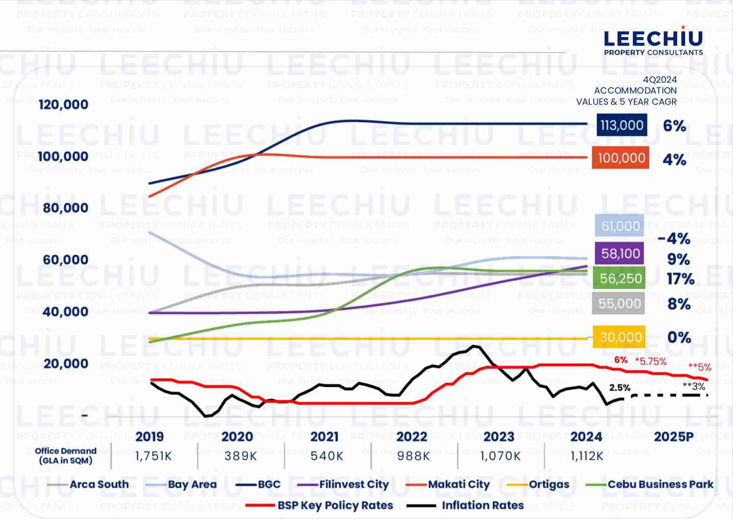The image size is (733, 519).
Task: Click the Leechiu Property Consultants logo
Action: (653, 41)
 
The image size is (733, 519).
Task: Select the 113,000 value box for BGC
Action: (622, 125)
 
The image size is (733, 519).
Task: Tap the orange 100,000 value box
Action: (621, 158)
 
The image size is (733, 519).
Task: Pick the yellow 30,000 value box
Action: (619, 337)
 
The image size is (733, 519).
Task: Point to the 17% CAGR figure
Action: (680, 279)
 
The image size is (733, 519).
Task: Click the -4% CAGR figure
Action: (674, 239)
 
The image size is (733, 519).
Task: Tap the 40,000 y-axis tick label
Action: (65, 312)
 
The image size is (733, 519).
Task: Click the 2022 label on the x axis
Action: (412, 436)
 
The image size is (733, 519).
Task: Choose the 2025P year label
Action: (674, 436)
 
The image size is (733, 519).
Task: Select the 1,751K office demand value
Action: (153, 456)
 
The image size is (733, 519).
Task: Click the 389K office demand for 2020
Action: (241, 456)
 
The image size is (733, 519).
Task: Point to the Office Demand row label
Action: (66, 455)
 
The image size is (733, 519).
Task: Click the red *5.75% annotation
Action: (650, 361)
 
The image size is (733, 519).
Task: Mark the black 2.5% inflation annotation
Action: (620, 388)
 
